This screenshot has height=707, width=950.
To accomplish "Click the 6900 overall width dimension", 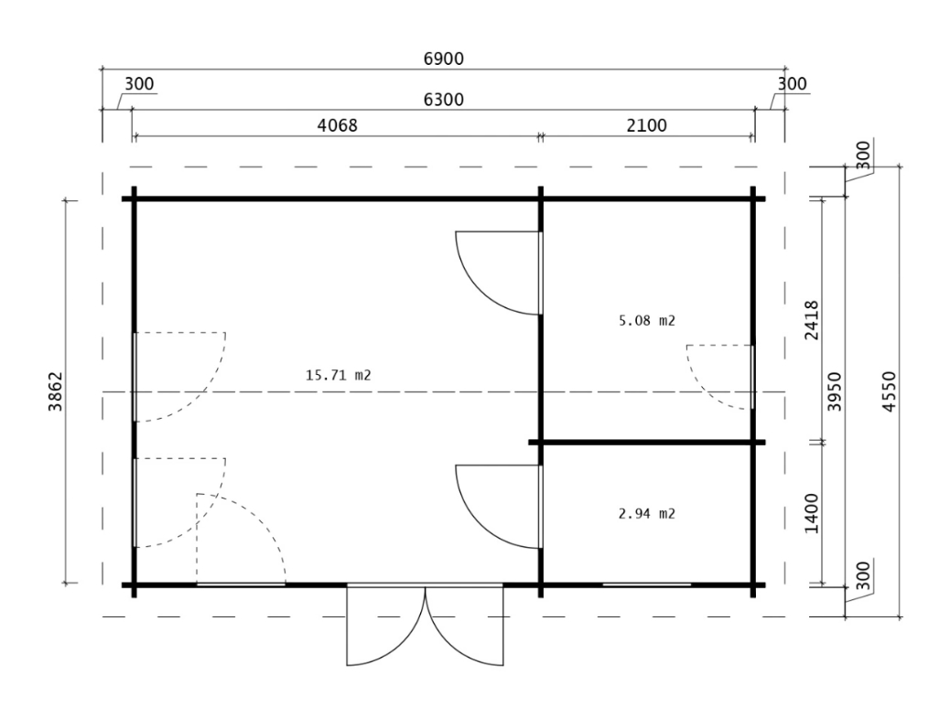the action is pos(444,59).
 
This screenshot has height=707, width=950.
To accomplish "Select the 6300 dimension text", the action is pos(444,100).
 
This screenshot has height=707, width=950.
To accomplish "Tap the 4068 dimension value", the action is pos(338,125).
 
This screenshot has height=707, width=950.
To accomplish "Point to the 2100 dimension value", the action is pos(646,125).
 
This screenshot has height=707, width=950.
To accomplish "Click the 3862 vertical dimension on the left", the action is pos(56,391).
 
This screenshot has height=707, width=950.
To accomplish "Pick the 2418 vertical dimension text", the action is pos(811,320).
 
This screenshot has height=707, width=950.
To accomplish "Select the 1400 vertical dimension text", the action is pos(811,513).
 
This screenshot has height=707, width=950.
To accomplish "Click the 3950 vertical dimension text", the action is pos(835,391).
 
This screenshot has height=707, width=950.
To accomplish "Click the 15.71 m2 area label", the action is pos(338,375).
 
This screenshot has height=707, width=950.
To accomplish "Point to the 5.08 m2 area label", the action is pos(646,320).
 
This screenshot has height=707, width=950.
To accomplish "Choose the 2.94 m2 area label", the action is pos(646,514).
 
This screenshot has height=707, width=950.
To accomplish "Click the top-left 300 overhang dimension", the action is pos(139,83).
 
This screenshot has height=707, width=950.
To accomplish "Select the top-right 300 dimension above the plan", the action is pos(792,83).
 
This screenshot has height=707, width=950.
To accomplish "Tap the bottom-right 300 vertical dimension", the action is pos(864,575).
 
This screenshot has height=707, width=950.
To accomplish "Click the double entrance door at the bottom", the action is pos(425,626).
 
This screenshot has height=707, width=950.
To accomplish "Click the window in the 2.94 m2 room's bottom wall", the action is pos(646,584).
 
